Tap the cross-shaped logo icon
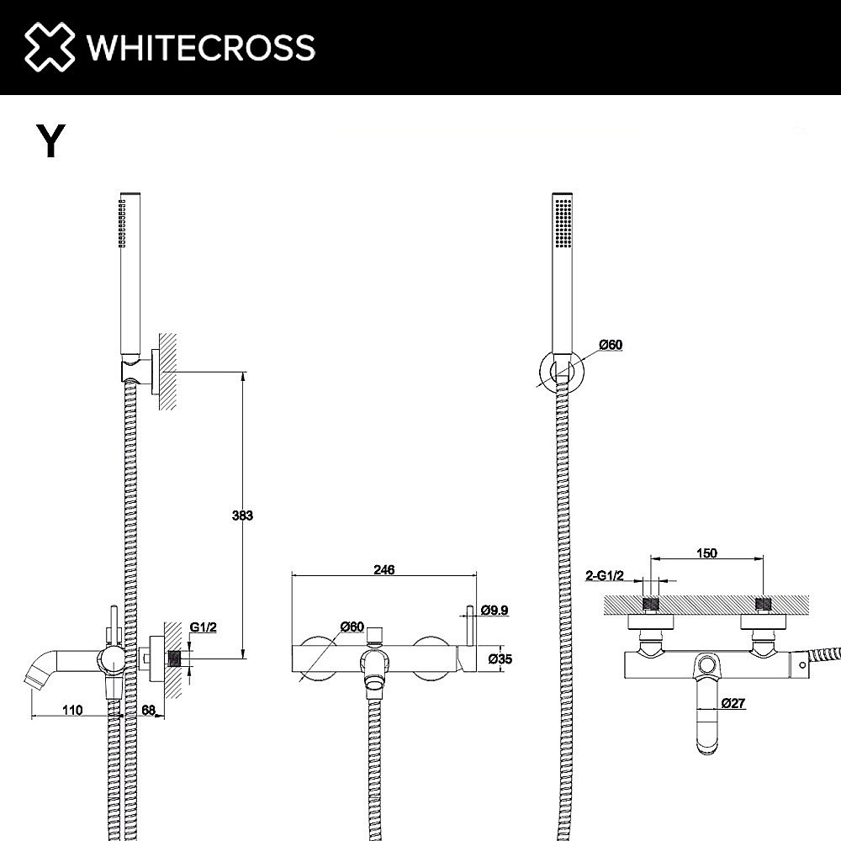pyautogui.click(x=50, y=47)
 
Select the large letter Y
pyautogui.click(x=50, y=142)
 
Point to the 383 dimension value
pyautogui.click(x=242, y=516)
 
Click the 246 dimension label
pyautogui.click(x=383, y=569)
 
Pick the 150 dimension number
pyautogui.click(x=706, y=553)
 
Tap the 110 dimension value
pyautogui.click(x=72, y=710)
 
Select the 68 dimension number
pyautogui.click(x=148, y=710)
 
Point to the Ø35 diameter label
pyautogui.click(x=500, y=659)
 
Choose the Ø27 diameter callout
pyautogui.click(x=733, y=703)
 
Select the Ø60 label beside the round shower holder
pyautogui.click(x=611, y=345)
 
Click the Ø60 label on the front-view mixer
pyautogui.click(x=352, y=626)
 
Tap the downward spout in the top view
pyautogui.click(x=711, y=723)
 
